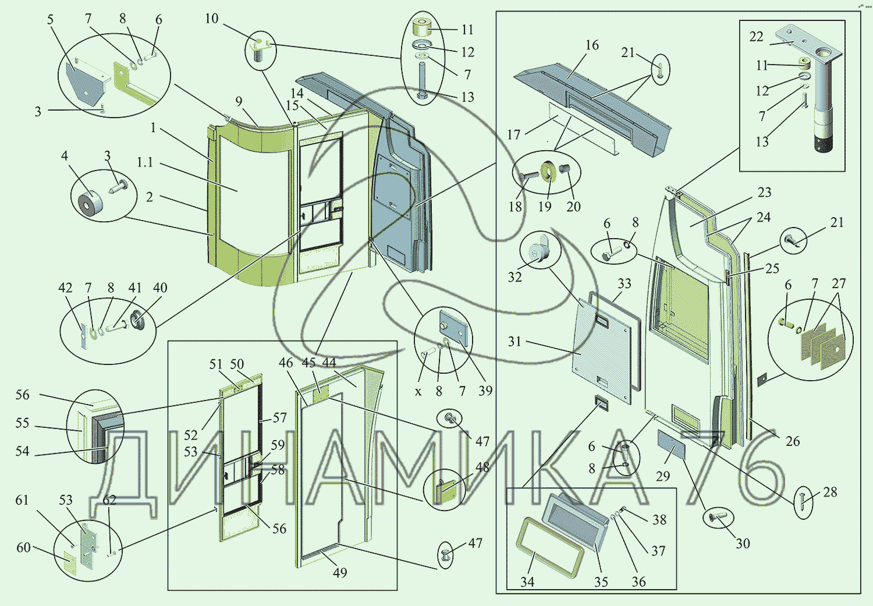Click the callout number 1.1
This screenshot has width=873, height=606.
tap(145, 162)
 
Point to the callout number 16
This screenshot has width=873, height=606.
tap(592, 45)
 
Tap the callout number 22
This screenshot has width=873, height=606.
tap(756, 37)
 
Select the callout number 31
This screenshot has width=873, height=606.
tap(514, 342)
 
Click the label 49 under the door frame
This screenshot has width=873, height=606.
tap(340, 573)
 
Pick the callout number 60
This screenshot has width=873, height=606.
tap(23, 548)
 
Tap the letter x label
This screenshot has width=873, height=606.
tap(418, 392)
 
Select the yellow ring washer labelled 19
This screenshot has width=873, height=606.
tap(548, 172)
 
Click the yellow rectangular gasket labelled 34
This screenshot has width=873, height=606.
tap(549, 547)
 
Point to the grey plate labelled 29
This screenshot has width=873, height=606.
tap(671, 445)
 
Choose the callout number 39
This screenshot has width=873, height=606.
tap(485, 391)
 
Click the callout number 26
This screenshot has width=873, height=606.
tap(793, 441)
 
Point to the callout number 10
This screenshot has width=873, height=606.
tap(211, 19)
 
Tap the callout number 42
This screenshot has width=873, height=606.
tap(65, 288)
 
